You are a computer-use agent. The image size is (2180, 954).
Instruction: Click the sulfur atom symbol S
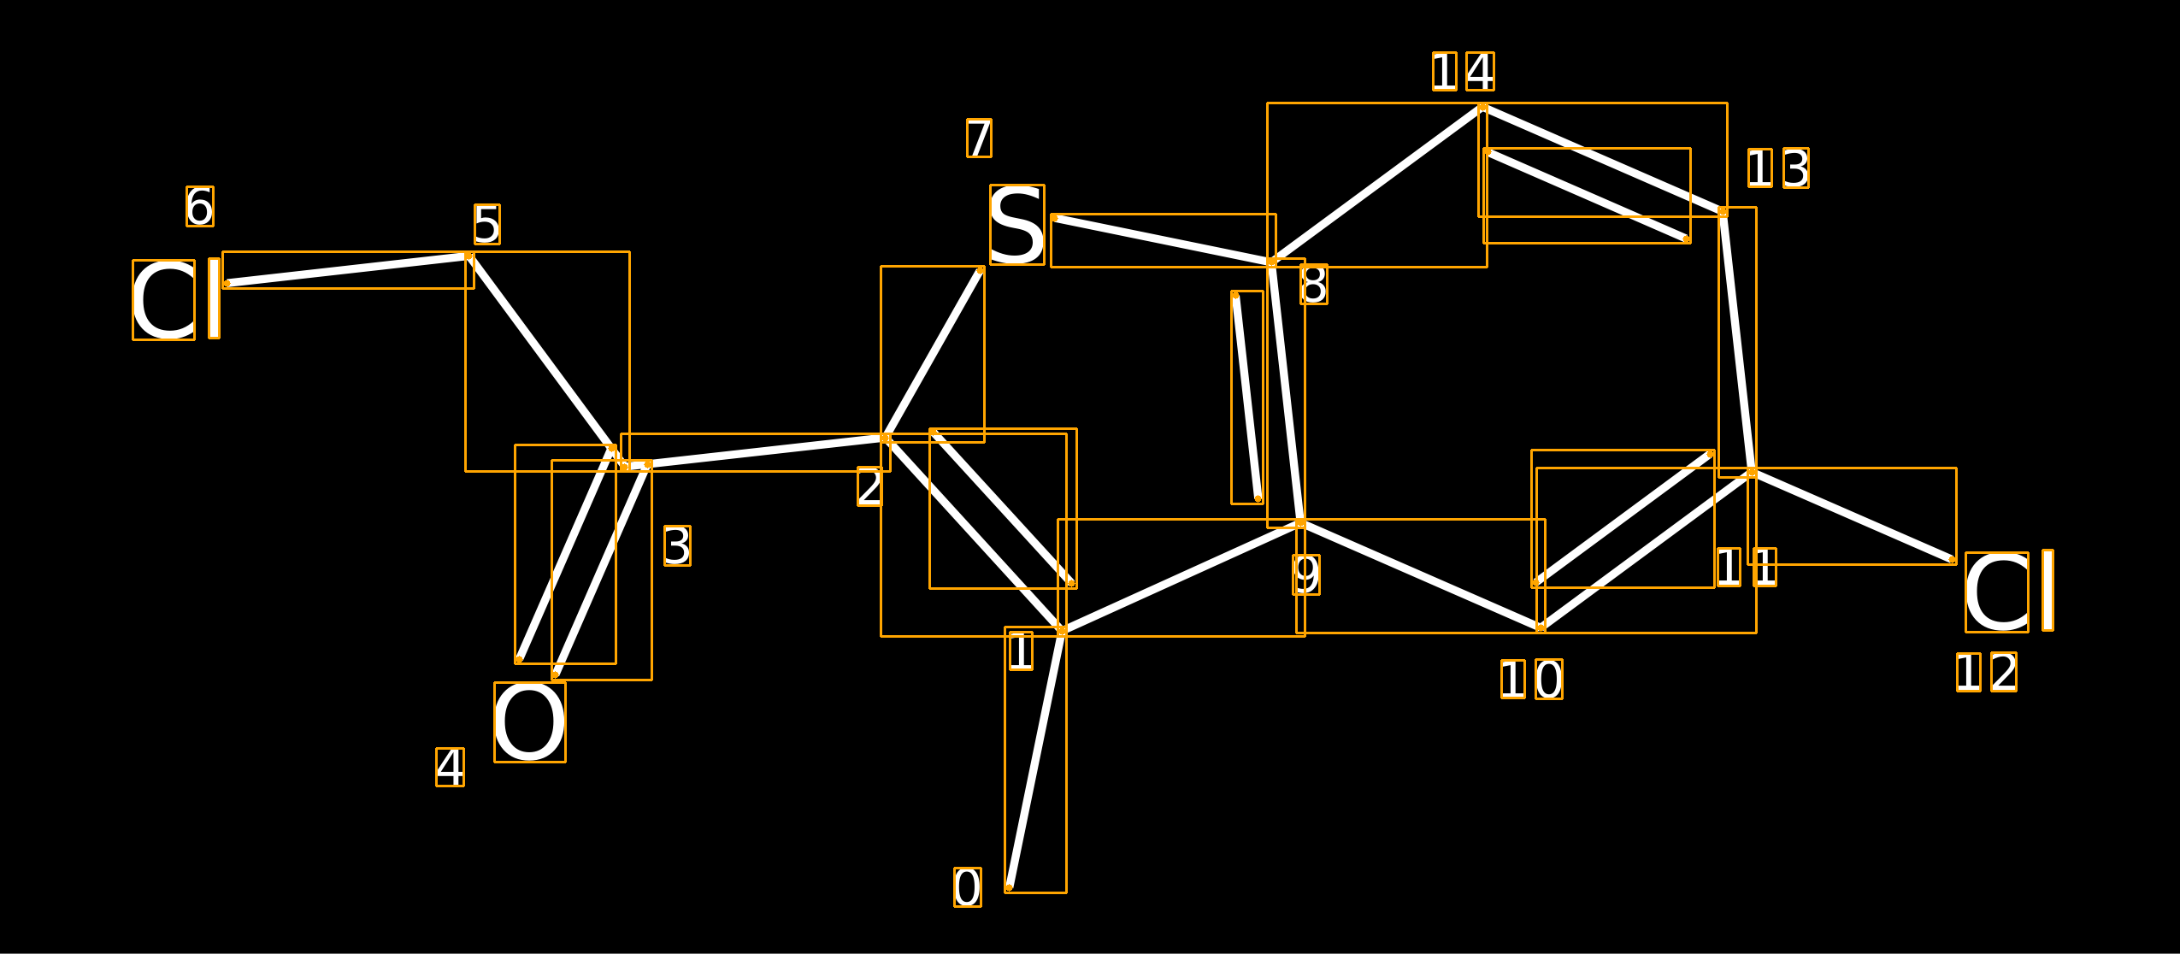tap(1017, 225)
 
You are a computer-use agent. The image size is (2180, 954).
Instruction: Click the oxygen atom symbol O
tap(530, 722)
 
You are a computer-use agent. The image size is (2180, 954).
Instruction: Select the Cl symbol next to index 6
tap(176, 300)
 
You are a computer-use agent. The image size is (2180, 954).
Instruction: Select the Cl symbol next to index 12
tap(2009, 592)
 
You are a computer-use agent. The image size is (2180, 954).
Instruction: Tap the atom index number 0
tap(968, 887)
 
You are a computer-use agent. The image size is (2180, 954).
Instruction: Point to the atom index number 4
tap(451, 768)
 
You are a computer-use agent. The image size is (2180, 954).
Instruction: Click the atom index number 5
tap(487, 225)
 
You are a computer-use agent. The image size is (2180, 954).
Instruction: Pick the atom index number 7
tap(980, 138)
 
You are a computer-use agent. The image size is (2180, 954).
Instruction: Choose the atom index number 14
tap(1464, 71)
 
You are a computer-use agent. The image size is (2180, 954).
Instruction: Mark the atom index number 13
tap(1779, 168)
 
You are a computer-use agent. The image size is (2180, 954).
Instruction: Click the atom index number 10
tap(1532, 680)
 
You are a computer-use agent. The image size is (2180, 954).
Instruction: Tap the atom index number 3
tap(678, 546)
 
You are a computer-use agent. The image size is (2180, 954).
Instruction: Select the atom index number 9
tap(1306, 574)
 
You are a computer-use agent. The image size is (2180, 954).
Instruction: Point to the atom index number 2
tap(870, 487)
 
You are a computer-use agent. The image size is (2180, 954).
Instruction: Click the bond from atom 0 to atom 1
tap(1035, 760)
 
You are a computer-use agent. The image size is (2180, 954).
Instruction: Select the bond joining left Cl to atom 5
tap(348, 270)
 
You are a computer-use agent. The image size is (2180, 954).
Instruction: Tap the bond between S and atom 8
tap(1164, 240)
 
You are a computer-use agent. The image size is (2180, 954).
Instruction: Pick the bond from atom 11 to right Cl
tap(1853, 516)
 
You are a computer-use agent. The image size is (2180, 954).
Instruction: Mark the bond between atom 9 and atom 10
tap(1421, 576)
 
